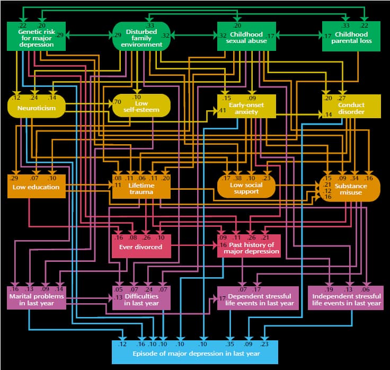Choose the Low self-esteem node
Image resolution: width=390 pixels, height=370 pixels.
click(141, 105)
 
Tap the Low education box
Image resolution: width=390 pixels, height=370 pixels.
click(36, 186)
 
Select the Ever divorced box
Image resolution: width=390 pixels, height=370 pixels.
click(141, 246)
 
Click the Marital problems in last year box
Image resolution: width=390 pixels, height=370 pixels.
click(36, 298)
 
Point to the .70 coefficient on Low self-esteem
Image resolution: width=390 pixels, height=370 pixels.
click(117, 101)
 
